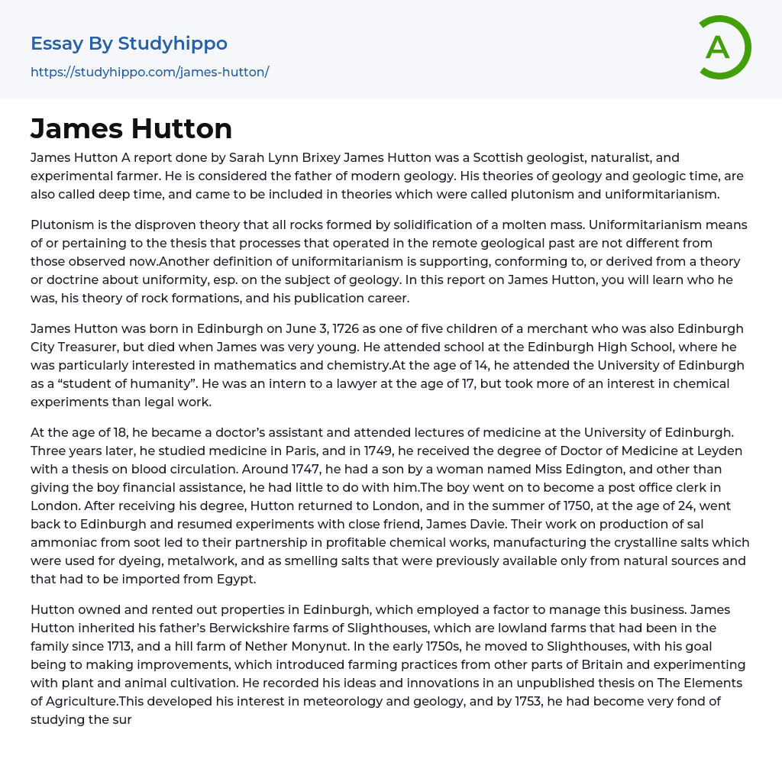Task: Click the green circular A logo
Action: coord(724,47)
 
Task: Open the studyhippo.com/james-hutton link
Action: coord(150,72)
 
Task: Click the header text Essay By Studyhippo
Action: coord(129,44)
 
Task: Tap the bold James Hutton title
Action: coord(131,128)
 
